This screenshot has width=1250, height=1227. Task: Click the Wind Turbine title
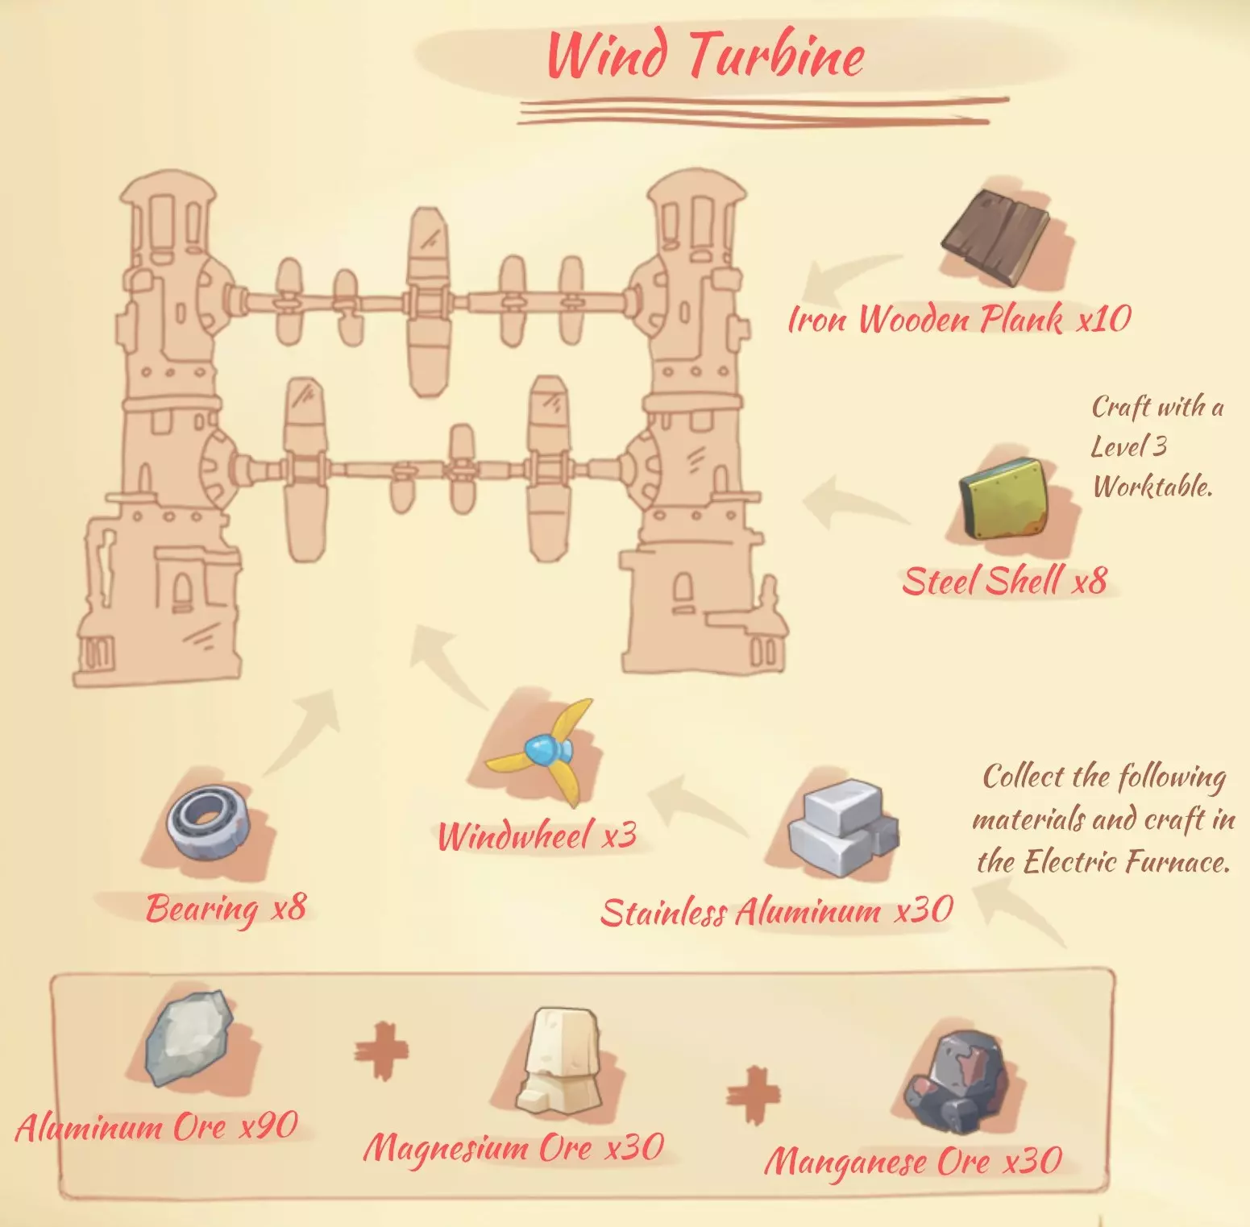pyautogui.click(x=705, y=55)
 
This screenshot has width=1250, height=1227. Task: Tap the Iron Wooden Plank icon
pyautogui.click(x=997, y=238)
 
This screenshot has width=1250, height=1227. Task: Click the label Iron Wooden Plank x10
pyautogui.click(x=959, y=319)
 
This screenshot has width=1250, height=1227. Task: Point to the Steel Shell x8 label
pyautogui.click(x=1004, y=581)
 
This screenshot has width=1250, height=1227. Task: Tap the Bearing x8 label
pyautogui.click(x=226, y=909)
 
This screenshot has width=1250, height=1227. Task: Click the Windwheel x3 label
pyautogui.click(x=537, y=835)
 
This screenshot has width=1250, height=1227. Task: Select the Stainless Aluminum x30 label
pyautogui.click(x=776, y=912)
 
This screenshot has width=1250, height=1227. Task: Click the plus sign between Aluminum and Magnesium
pyautogui.click(x=381, y=1051)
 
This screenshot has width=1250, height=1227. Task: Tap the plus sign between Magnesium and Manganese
pyautogui.click(x=754, y=1095)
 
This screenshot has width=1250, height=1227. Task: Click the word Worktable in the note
pyautogui.click(x=1152, y=486)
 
